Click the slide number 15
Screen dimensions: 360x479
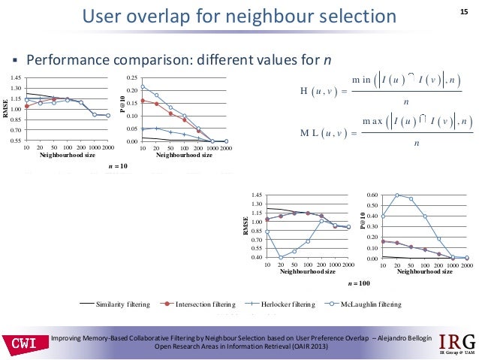coord(462,10)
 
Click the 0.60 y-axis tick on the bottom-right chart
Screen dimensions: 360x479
coord(370,195)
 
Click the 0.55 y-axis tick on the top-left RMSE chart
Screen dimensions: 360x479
coord(16,141)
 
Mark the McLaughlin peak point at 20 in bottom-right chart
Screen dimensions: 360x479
coord(397,195)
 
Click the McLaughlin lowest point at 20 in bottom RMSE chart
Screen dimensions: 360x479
coord(281,257)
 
